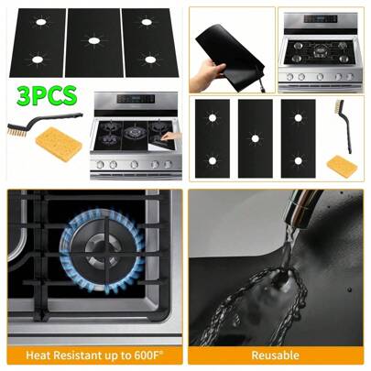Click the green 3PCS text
click(47, 95)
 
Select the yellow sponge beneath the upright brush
click(342, 166)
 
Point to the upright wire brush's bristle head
click(339, 106)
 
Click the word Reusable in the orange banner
click(276, 355)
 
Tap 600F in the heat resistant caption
click(148, 355)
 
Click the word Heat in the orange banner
click(36, 355)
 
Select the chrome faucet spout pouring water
click(300, 207)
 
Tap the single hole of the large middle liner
click(93, 40)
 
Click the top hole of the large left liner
click(40, 22)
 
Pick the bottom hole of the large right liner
click(149, 60)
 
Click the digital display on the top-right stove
click(321, 18)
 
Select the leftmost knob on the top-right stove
click(289, 77)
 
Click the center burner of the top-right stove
click(320, 50)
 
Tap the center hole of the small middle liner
click(256, 139)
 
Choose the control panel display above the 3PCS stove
click(136, 99)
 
